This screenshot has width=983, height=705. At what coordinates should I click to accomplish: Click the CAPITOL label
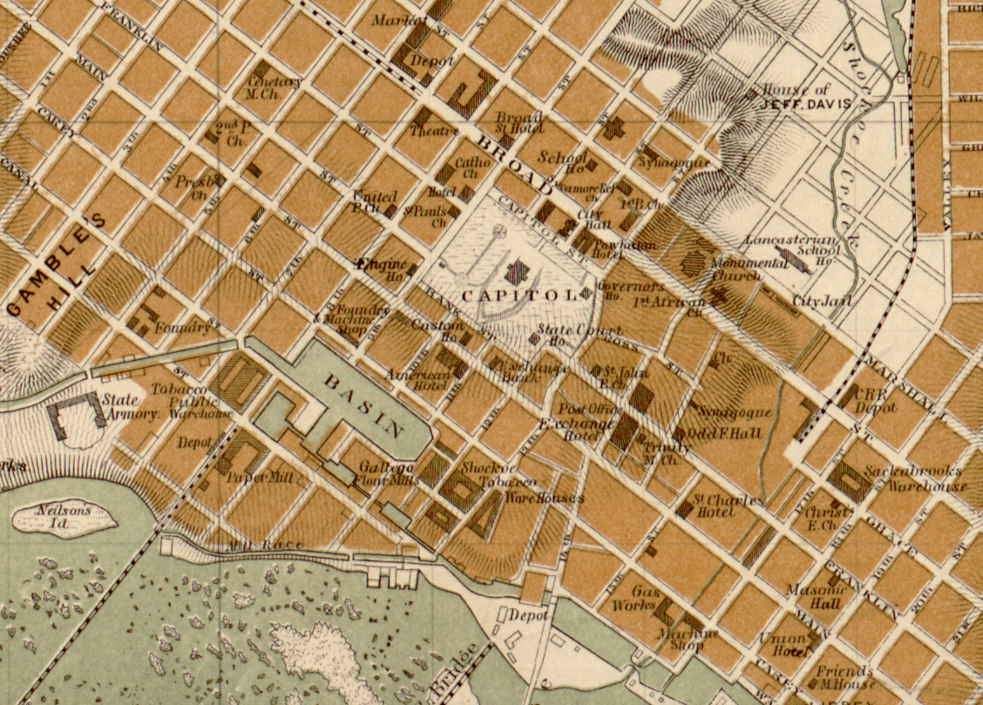518,295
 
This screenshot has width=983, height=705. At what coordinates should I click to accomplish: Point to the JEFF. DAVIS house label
795,103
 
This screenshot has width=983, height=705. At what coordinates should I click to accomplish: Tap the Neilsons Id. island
64,518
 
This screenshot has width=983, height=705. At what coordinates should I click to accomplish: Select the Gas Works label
636,598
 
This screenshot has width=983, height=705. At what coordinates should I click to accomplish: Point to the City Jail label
821,302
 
